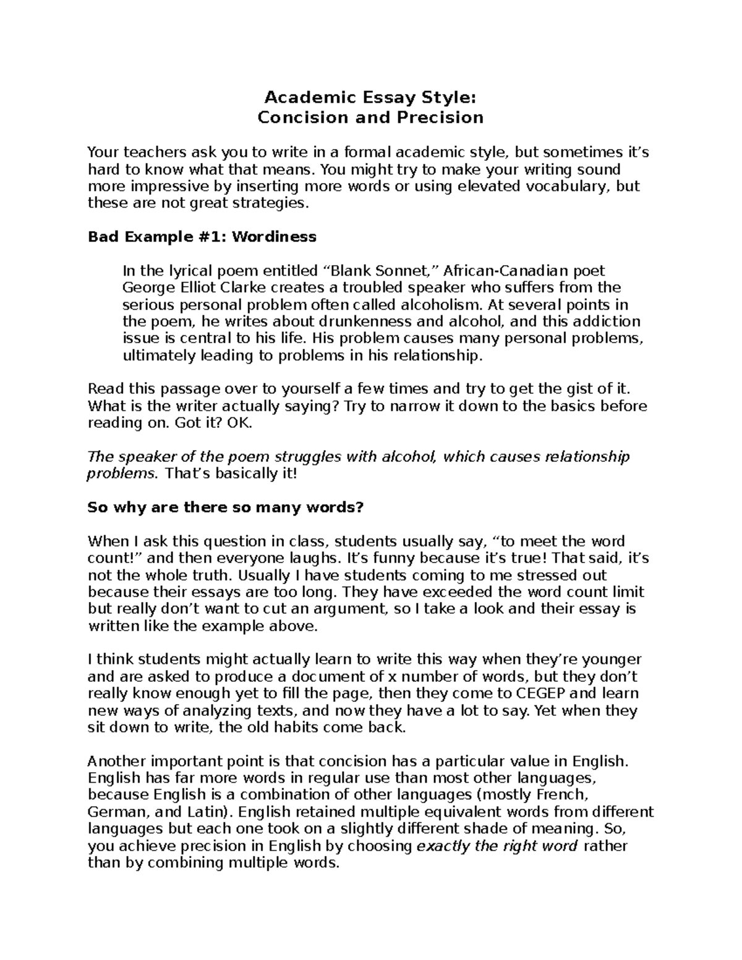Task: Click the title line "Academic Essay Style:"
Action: [370, 98]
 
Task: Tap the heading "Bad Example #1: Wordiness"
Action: [202, 237]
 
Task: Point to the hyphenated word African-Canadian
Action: [497, 271]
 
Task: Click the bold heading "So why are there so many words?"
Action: [226, 508]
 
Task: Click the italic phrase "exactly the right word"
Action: [498, 846]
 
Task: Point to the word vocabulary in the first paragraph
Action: [564, 186]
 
